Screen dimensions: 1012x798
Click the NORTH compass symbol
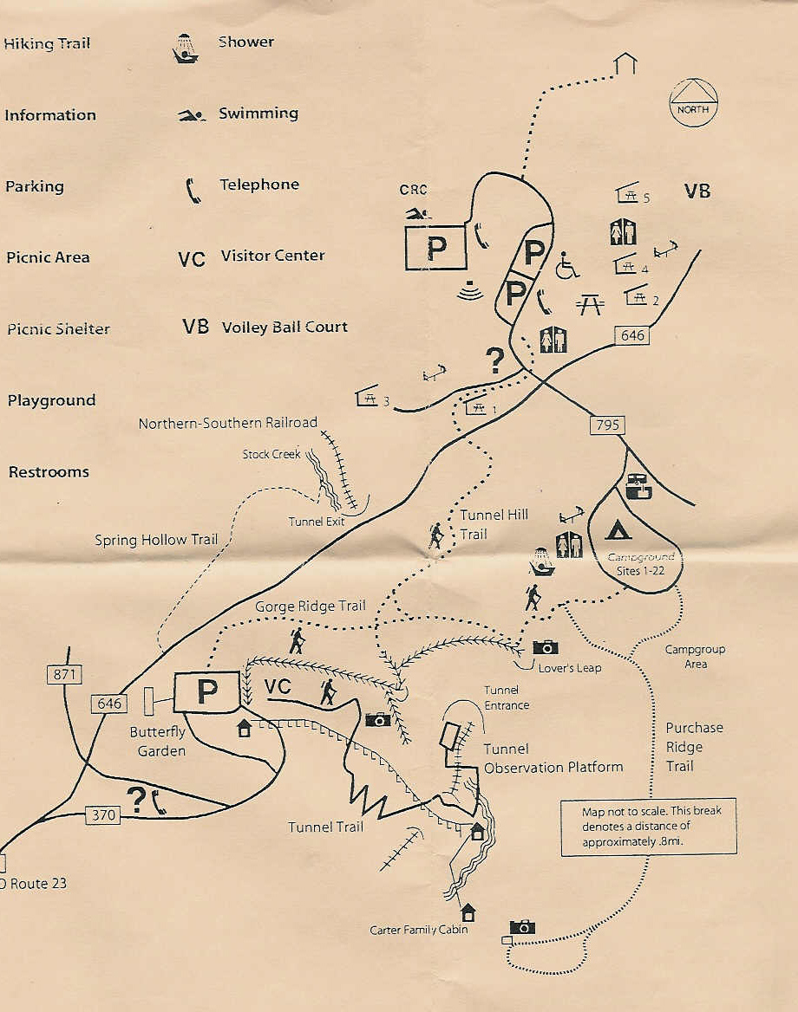pos(694,101)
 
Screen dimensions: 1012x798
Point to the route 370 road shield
pos(103,815)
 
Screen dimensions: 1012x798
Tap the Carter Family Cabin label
pos(419,930)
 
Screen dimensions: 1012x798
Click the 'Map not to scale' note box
pos(648,827)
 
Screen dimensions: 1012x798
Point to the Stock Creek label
pos(271,454)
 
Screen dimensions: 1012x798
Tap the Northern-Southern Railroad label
pos(228,424)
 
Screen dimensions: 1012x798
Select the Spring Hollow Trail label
pos(156,540)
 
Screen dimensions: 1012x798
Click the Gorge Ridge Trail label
pos(310,607)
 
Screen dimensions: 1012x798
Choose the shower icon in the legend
pos(186,49)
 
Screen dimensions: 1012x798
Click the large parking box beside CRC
pos(436,249)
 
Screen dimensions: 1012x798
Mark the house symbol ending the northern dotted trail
pos(625,63)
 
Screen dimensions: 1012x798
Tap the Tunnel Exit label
pos(317,522)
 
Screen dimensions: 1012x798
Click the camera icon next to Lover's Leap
pos(546,646)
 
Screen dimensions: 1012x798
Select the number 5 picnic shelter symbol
pos(627,194)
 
